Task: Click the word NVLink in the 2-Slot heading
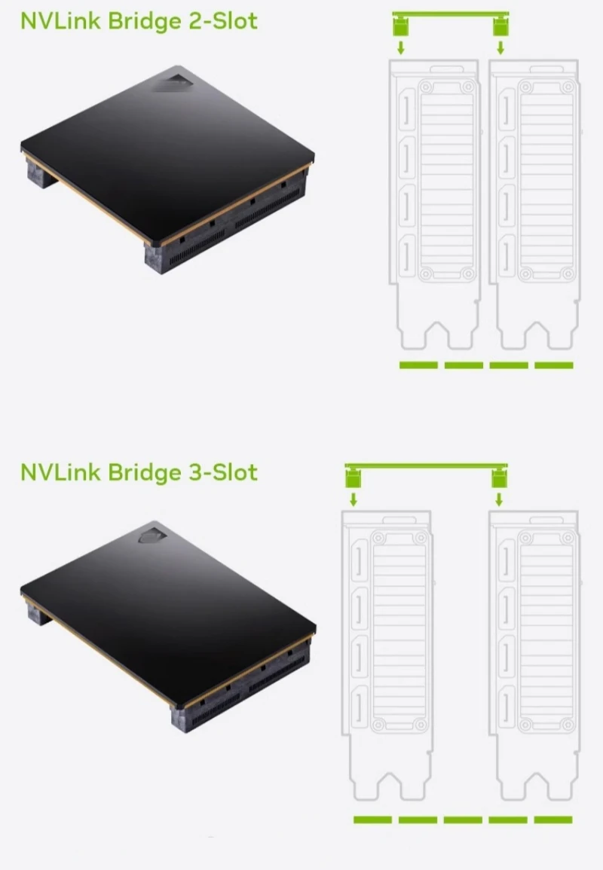pos(60,20)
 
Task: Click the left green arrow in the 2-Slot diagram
pos(401,47)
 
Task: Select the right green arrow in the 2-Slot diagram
pos(500,47)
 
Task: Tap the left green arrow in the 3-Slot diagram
pos(353,499)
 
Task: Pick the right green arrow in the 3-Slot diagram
pos(498,499)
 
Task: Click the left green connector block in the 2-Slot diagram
pos(401,27)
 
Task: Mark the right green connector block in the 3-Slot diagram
pos(498,478)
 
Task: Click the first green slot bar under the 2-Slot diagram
pos(418,365)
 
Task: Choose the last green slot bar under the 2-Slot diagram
pos(554,365)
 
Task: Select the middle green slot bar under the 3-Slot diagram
pos(463,820)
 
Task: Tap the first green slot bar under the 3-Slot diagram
pos(372,820)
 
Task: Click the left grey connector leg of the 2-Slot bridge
pos(39,173)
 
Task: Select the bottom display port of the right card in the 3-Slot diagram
pos(508,704)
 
